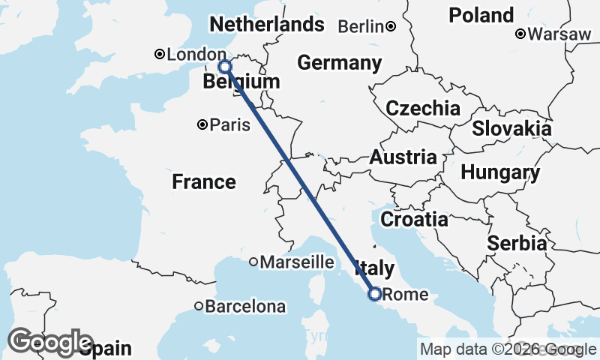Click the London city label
196,55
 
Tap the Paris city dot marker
202,124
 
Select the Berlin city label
361,26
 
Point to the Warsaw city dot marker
521,34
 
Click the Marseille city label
296,262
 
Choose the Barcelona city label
245,307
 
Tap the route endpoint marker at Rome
374,294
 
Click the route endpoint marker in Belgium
224,67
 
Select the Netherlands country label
266,25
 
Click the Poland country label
481,15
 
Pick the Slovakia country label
511,128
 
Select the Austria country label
403,157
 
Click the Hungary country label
499,173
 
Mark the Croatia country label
414,220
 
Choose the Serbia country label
516,243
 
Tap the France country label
203,181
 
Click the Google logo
50,342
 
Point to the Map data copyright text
508,349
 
